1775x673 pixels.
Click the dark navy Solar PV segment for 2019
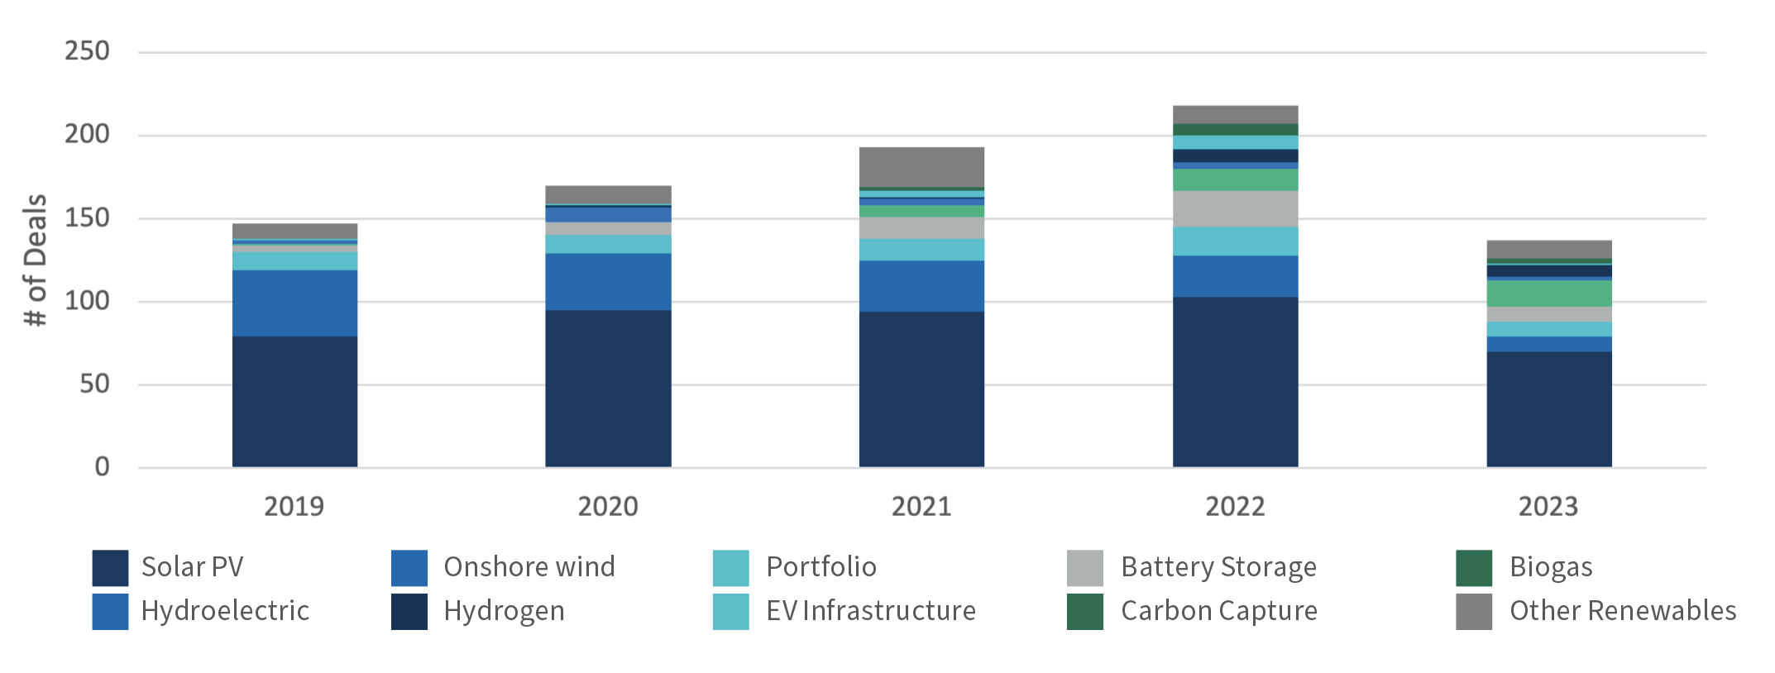point(294,402)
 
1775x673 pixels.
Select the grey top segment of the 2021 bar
point(921,167)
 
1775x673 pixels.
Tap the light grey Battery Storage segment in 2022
point(1235,209)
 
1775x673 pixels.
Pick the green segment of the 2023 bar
point(1548,294)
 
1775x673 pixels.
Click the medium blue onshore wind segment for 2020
point(608,282)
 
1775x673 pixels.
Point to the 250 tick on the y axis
point(87,51)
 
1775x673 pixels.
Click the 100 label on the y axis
point(87,301)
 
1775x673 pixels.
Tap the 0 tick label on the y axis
point(102,467)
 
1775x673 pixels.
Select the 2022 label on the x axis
point(1235,506)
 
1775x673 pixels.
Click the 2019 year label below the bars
point(294,506)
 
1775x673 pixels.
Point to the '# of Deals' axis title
point(35,260)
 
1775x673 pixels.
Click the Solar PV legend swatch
point(110,568)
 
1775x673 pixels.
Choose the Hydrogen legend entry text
point(504,611)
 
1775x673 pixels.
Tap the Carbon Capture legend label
point(1218,611)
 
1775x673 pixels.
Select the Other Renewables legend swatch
point(1473,612)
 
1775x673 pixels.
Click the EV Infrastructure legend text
point(870,611)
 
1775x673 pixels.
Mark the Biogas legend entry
point(1550,567)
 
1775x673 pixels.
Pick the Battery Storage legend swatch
point(1084,568)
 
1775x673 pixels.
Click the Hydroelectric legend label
point(225,611)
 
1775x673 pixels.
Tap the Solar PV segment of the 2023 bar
point(1548,409)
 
